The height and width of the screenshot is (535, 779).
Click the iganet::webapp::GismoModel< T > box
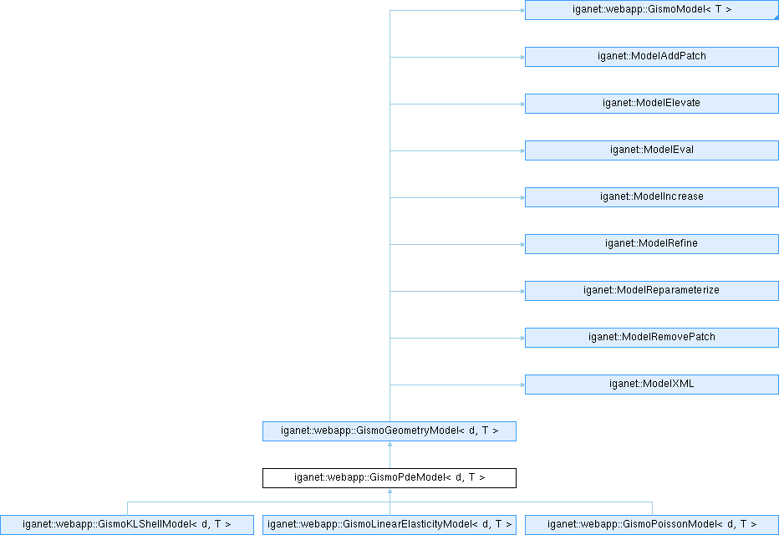[x=652, y=10]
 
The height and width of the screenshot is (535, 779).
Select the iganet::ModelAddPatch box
[x=652, y=57]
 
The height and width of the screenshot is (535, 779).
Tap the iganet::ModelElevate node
[x=652, y=104]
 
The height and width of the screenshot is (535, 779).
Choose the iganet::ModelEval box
[x=652, y=150]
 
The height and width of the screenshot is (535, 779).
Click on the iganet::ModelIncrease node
[x=652, y=197]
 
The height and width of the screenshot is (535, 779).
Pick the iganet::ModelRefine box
[x=652, y=244]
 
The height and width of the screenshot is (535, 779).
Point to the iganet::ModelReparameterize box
[x=652, y=291]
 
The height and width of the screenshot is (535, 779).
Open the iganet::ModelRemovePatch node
[x=652, y=338]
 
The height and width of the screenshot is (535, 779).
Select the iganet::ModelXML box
[x=652, y=385]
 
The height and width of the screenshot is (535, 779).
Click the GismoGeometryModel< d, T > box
[x=389, y=431]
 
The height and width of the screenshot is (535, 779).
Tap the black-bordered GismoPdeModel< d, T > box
[x=389, y=478]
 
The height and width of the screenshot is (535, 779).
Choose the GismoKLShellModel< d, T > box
[x=127, y=525]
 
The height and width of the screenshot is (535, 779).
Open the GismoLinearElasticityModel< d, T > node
[x=389, y=525]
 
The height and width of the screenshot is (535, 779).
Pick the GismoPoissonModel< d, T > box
[x=652, y=525]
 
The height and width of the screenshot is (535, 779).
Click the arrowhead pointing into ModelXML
[x=522, y=385]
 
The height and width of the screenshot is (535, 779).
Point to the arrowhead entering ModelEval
[x=522, y=150]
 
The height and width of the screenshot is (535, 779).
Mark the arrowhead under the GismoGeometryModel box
[x=390, y=444]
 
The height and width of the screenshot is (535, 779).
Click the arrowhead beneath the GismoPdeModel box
[x=390, y=491]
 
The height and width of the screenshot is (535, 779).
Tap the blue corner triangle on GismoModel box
[x=776, y=18]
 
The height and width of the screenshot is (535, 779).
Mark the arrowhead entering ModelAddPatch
[x=522, y=57]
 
